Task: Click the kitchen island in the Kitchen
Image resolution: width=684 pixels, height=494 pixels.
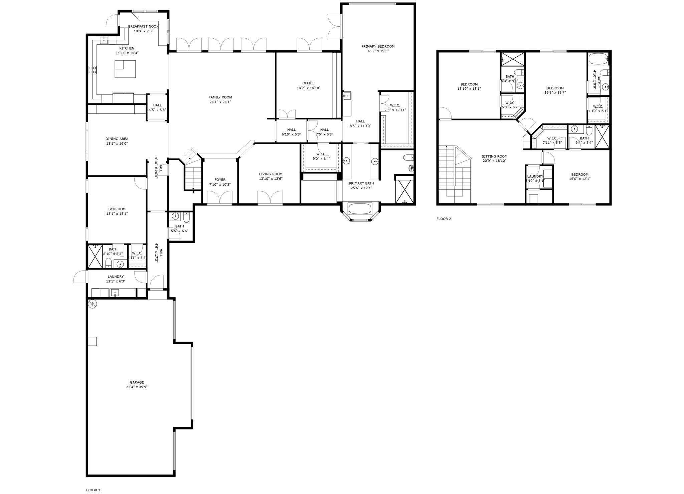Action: (125, 69)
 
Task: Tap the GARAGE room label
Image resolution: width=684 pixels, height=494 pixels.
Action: (137, 382)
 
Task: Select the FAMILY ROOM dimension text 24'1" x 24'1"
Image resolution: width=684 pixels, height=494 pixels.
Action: (220, 102)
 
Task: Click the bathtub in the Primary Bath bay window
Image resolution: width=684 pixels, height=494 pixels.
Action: (360, 209)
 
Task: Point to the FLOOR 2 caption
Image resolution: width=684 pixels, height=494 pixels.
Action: (444, 219)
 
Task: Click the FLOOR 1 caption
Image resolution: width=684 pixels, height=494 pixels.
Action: (93, 490)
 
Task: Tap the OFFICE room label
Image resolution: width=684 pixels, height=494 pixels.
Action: (308, 83)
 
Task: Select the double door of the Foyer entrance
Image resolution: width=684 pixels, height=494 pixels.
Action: (219, 197)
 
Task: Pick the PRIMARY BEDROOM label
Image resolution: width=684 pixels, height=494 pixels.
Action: (378, 46)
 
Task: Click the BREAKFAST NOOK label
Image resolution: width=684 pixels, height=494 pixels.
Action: (143, 26)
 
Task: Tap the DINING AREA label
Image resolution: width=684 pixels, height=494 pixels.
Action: (117, 139)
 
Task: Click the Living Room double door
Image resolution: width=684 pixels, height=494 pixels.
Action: (270, 197)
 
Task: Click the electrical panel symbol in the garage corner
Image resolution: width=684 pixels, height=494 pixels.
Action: (93, 304)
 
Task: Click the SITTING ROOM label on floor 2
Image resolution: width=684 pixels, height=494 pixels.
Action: (494, 156)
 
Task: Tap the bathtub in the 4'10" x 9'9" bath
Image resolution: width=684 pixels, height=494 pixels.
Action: (598, 59)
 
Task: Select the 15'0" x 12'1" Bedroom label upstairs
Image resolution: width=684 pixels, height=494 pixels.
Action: (579, 174)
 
